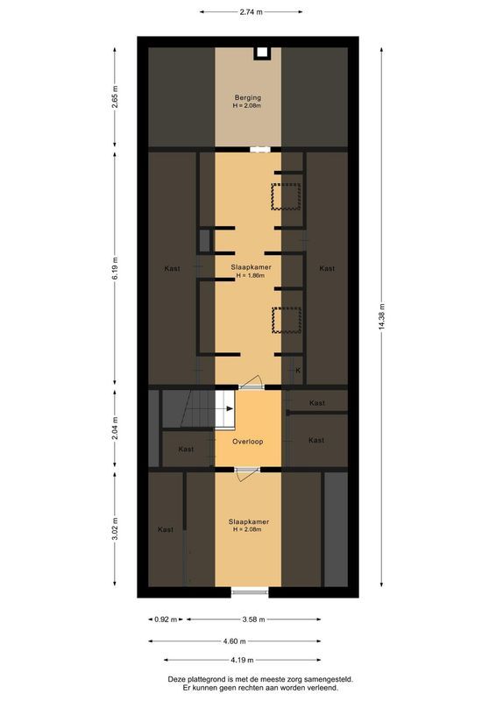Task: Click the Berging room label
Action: tap(248, 97)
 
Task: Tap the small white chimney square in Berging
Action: tap(261, 53)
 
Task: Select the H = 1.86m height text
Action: tap(248, 276)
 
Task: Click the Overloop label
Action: tap(248, 442)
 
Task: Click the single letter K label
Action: tap(298, 371)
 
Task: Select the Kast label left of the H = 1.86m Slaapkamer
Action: tap(172, 268)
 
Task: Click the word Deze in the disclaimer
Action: tap(178, 678)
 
